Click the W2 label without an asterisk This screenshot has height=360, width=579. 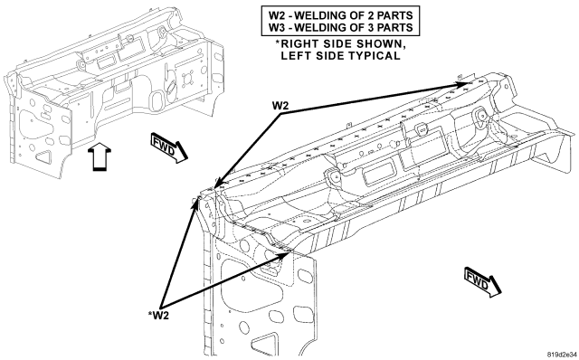click(280, 106)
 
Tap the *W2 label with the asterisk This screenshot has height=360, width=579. click(158, 315)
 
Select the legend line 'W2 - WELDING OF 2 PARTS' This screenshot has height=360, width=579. click(340, 15)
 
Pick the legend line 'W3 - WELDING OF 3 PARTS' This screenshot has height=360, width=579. click(340, 27)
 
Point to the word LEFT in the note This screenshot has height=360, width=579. click(295, 56)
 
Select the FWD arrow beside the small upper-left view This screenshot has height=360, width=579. click(169, 148)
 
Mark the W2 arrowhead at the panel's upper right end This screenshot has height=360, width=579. click(462, 83)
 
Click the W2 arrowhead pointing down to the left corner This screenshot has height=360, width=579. click(218, 183)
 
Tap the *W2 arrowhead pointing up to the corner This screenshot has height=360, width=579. click(195, 204)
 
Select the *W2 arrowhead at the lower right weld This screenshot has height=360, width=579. click(282, 255)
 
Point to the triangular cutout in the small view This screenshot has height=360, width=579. click(44, 156)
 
